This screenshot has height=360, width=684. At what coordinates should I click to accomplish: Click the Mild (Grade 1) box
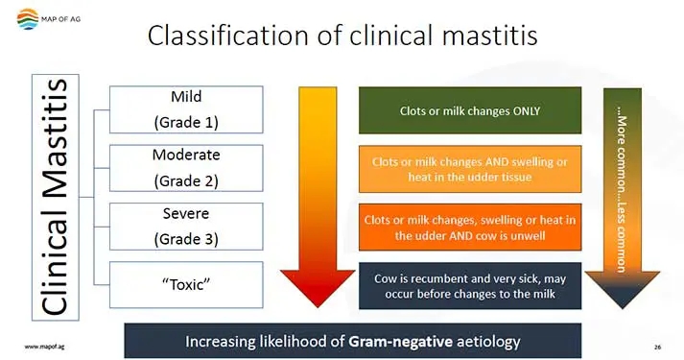coord(186,109)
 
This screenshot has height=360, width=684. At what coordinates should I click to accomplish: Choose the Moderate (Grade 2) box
coord(186,167)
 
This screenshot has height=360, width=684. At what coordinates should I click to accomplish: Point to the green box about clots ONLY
coord(469,110)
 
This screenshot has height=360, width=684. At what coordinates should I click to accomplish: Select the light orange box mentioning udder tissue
coord(469,169)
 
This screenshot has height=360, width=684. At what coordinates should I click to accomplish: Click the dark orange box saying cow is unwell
coord(469,227)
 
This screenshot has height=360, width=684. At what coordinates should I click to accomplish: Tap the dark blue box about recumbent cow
coord(469,285)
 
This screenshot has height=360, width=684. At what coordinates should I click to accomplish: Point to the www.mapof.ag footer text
coord(44,345)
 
